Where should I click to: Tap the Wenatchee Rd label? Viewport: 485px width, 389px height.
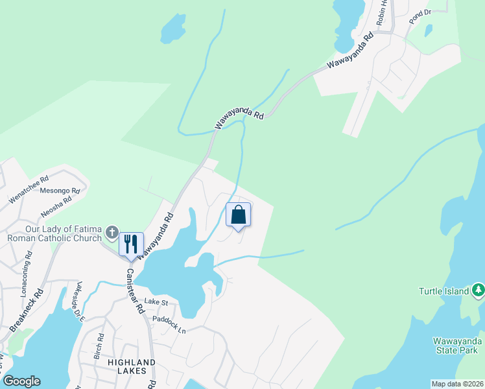(29, 189)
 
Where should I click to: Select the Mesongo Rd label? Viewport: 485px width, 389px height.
(60, 191)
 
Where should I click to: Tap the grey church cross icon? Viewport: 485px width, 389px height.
(112, 231)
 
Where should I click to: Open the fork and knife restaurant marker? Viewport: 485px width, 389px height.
(131, 244)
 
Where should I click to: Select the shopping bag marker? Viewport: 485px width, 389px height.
(239, 215)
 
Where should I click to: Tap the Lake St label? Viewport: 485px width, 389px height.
(156, 301)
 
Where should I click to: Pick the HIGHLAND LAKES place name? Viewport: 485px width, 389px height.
(123, 368)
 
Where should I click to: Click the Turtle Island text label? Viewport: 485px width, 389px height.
(444, 291)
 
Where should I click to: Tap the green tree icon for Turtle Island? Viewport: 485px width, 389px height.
(478, 290)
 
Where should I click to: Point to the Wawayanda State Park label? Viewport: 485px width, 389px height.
(458, 346)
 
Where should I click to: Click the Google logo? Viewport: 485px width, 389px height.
(21, 381)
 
